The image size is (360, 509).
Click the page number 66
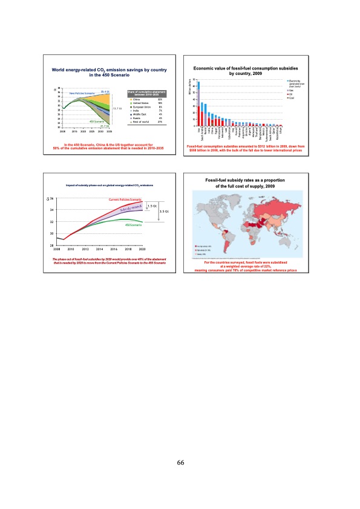coord(180,462)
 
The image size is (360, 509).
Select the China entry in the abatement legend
coord(139,99)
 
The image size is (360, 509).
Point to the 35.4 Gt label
coord(105,92)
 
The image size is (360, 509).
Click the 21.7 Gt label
coord(105,125)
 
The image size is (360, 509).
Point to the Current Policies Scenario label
coord(125,199)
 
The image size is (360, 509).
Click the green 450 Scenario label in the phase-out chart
coord(133,225)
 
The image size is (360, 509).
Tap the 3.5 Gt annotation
coord(163,212)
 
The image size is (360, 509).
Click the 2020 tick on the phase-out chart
coord(142,249)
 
